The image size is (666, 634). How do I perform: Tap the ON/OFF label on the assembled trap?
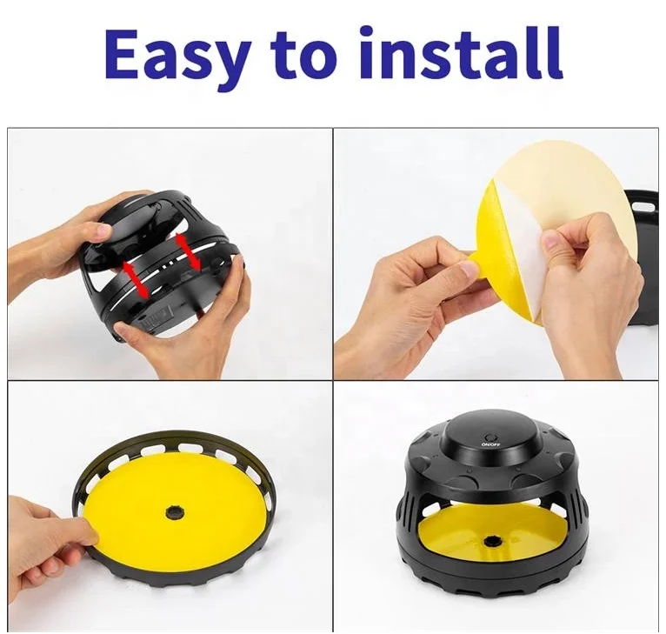[x=490, y=444]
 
